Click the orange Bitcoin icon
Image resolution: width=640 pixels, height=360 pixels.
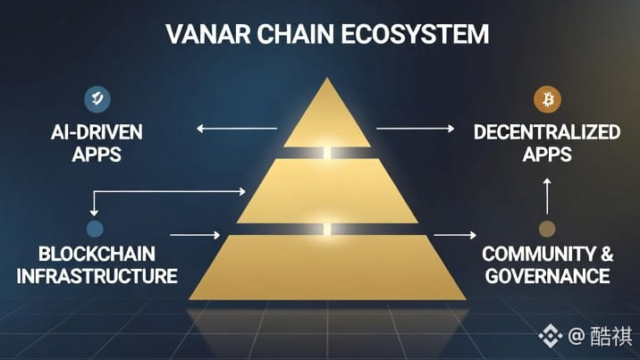[545, 97]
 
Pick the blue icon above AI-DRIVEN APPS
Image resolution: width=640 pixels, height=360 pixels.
[96, 98]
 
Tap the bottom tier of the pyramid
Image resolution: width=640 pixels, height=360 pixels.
[327, 266]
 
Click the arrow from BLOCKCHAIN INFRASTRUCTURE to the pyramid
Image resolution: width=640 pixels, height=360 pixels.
[194, 235]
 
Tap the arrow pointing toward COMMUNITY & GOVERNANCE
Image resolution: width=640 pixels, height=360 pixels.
[455, 236]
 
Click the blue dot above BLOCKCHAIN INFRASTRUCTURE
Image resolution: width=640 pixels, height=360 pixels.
[96, 228]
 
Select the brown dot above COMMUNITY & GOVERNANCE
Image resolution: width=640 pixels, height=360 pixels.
[547, 229]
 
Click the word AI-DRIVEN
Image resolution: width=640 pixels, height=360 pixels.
[97, 133]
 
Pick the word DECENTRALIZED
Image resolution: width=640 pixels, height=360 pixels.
[547, 133]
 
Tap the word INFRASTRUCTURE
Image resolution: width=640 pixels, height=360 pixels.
[97, 275]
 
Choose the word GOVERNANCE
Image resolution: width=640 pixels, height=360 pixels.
[547, 275]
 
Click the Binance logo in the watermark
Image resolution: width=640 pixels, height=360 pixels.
[549, 336]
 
